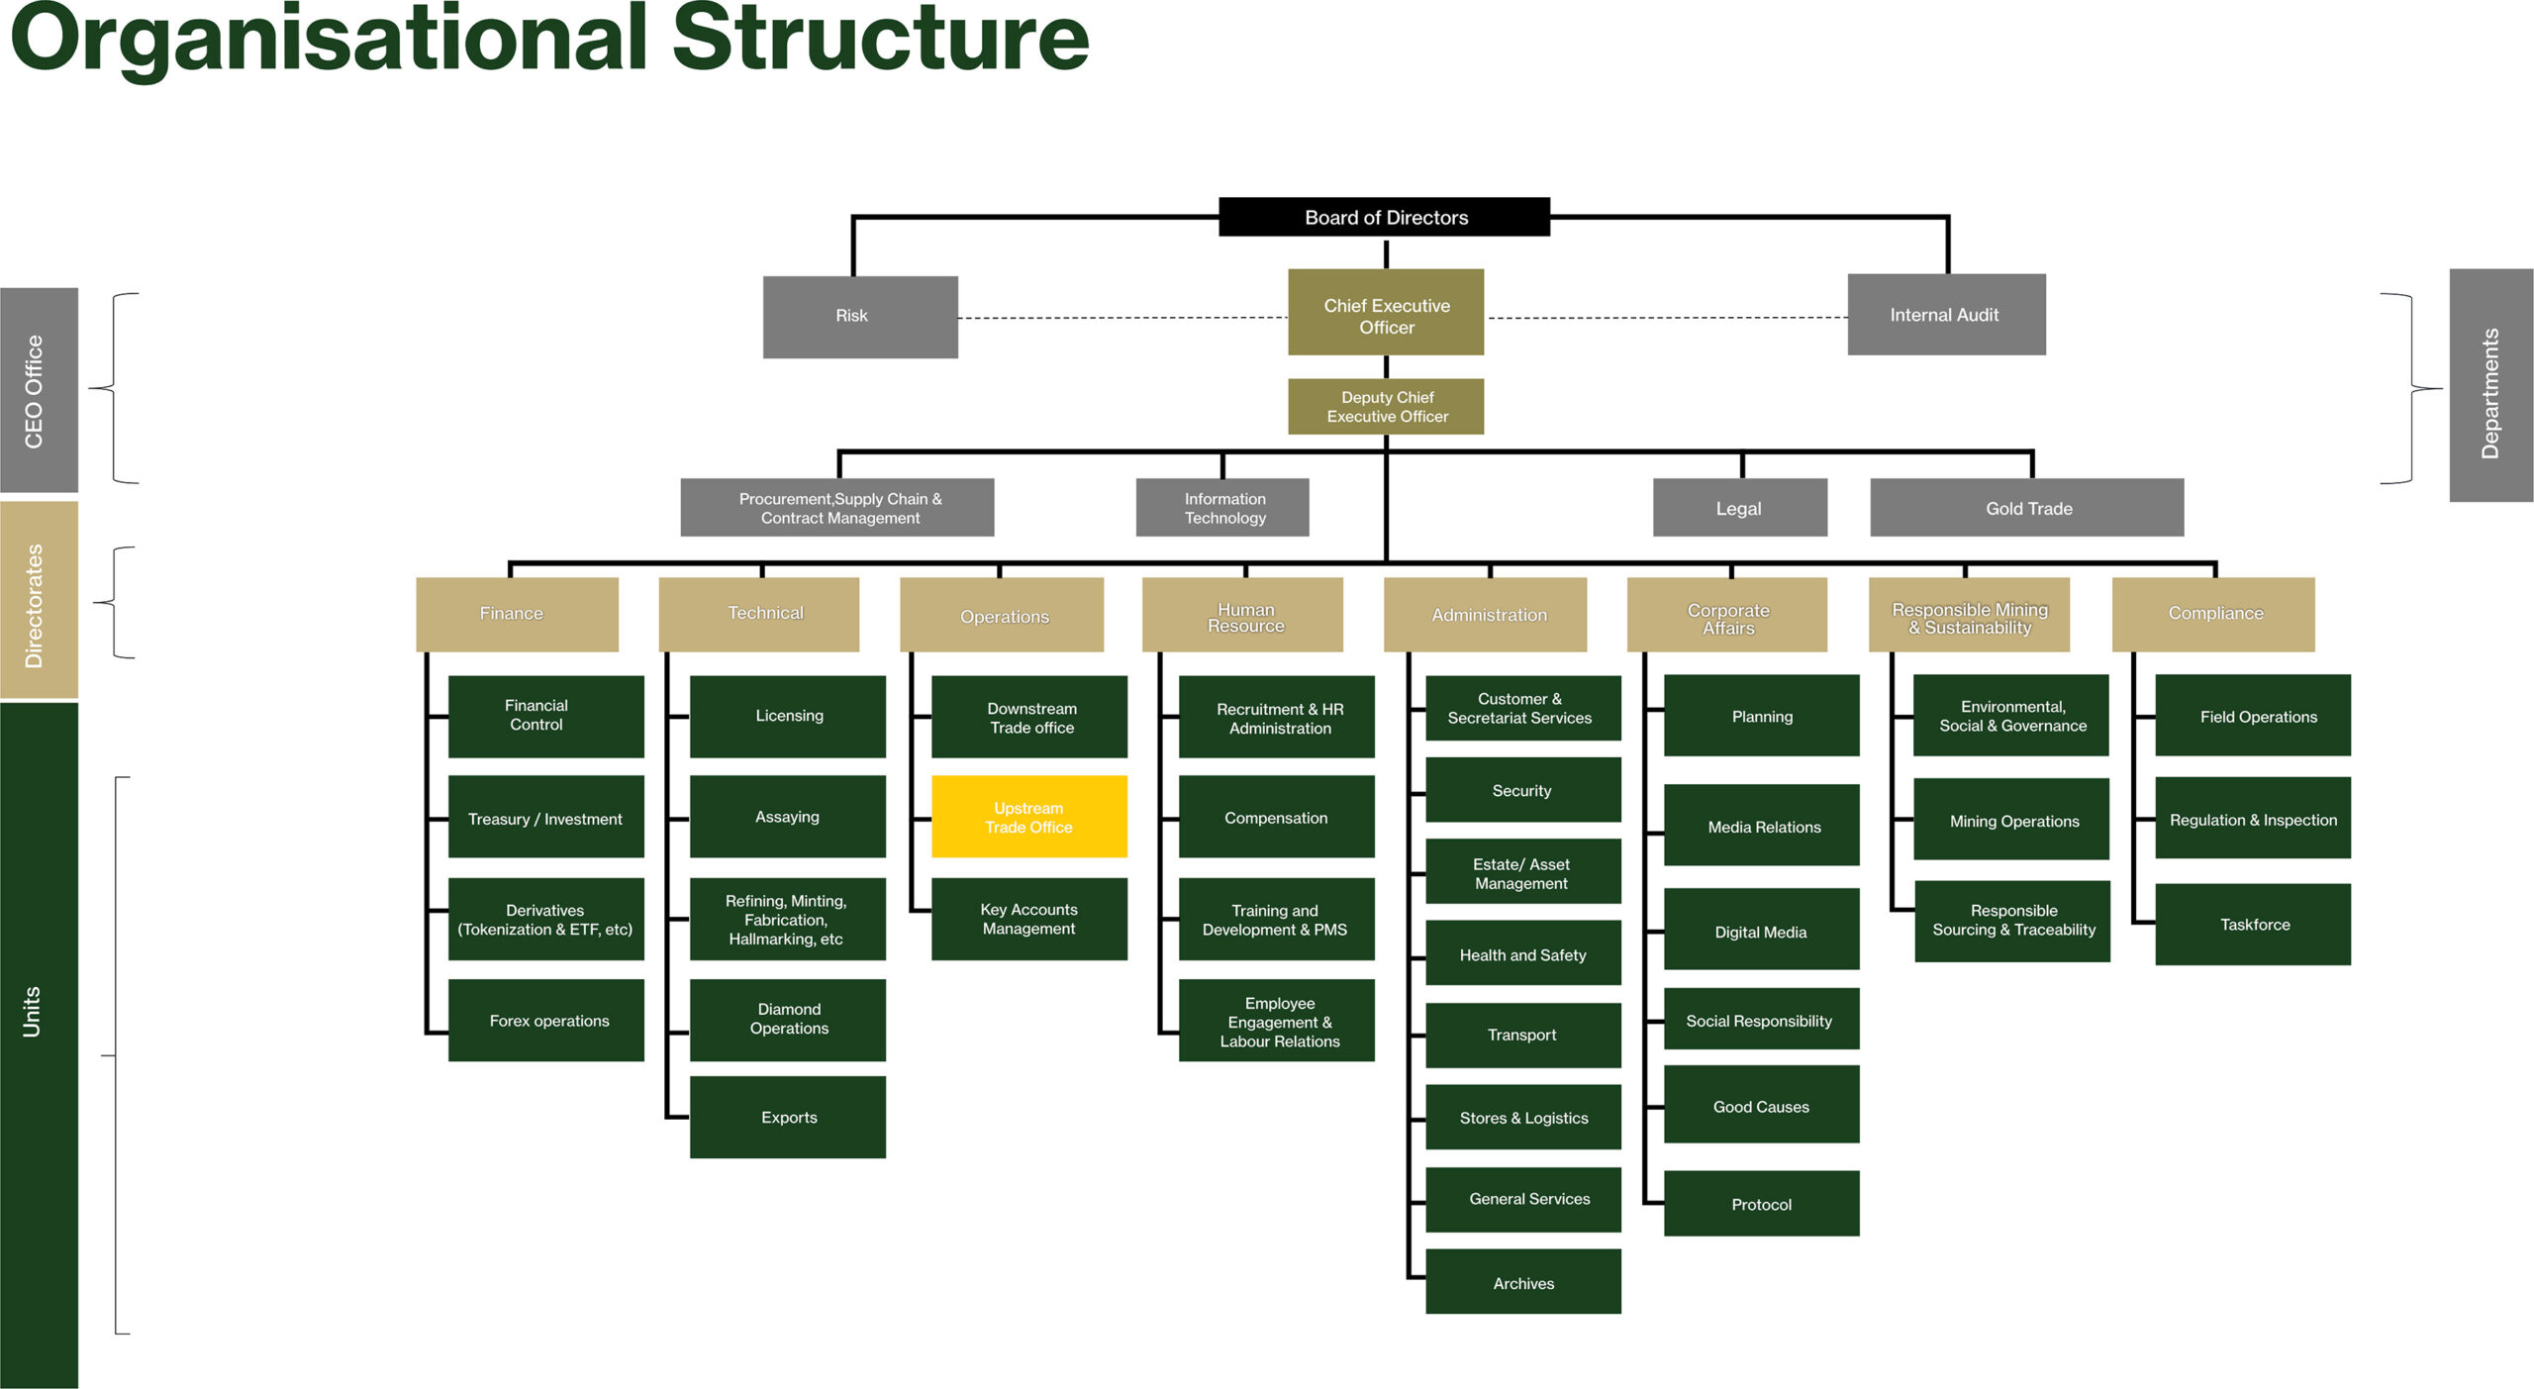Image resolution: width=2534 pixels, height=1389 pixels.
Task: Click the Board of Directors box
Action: click(1384, 217)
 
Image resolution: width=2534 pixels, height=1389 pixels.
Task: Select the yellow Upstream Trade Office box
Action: click(1028, 817)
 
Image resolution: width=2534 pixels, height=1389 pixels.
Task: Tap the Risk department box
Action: click(859, 316)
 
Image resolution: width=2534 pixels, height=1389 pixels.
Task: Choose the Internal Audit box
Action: click(1945, 315)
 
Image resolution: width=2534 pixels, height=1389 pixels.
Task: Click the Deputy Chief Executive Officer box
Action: click(1385, 407)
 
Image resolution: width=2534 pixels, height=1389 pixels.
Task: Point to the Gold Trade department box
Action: click(2026, 508)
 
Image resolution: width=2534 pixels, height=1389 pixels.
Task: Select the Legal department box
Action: click(1739, 508)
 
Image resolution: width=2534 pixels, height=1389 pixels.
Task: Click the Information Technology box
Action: click(1222, 508)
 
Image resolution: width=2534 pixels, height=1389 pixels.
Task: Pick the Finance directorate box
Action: click(516, 614)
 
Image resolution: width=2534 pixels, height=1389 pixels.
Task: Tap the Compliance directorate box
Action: click(2213, 614)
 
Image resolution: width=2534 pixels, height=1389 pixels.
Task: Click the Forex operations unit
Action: click(546, 1021)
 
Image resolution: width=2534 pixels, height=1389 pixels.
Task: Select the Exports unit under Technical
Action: click(788, 1118)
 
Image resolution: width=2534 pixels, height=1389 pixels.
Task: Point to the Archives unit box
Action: click(1522, 1282)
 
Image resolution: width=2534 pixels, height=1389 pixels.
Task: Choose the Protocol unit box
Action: click(1761, 1204)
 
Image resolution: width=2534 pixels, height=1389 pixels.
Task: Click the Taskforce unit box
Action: click(2253, 925)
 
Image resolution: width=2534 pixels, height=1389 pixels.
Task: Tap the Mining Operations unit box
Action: click(2012, 821)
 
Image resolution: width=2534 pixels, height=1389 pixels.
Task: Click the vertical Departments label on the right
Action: click(2490, 386)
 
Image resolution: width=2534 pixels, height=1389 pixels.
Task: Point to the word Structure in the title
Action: click(881, 40)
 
